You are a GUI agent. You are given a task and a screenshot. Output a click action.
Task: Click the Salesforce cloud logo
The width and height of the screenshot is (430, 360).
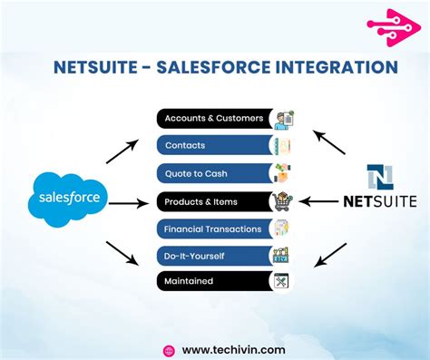(x=68, y=198)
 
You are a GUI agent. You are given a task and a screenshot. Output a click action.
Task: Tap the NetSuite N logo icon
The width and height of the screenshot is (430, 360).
(x=379, y=178)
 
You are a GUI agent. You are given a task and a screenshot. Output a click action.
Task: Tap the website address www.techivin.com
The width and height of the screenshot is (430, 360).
(x=233, y=348)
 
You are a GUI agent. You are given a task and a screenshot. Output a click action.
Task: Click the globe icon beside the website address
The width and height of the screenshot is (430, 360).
(x=168, y=349)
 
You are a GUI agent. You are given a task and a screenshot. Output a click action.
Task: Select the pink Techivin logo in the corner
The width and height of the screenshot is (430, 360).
(x=391, y=27)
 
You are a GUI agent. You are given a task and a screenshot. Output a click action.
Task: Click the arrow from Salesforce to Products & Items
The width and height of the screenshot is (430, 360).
(x=126, y=203)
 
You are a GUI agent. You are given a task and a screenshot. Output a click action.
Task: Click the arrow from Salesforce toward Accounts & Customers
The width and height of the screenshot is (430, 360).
(x=122, y=151)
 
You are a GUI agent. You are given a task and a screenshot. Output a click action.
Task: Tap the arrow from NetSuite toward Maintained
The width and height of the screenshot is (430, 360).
(x=329, y=255)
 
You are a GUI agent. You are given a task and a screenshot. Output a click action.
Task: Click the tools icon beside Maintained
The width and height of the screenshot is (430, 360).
(x=281, y=281)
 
